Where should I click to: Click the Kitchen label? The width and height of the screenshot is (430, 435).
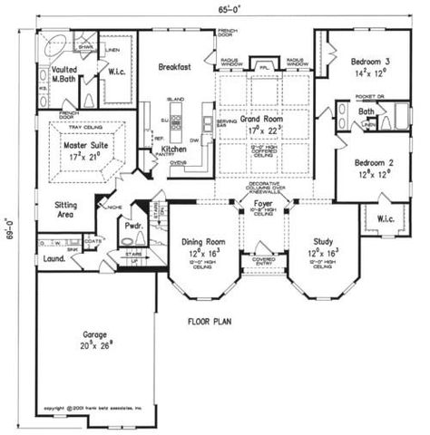tap(174, 149)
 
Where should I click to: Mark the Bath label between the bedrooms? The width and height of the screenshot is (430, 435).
tap(367, 111)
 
